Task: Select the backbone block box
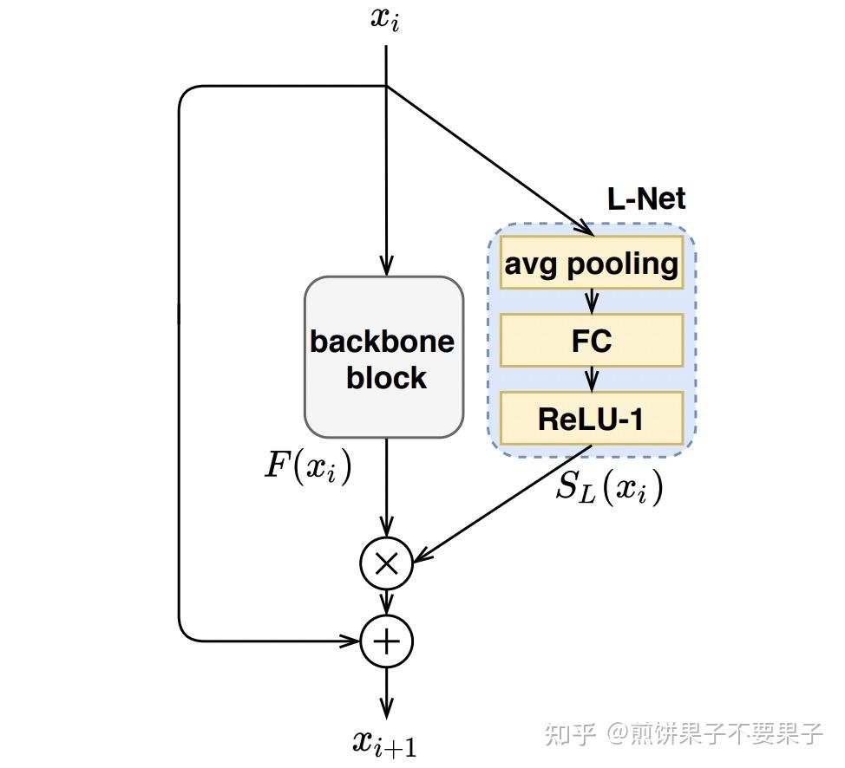(x=383, y=357)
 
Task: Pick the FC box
(x=592, y=341)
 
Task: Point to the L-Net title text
(x=645, y=199)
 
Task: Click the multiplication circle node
(x=386, y=564)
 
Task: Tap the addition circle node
(x=386, y=641)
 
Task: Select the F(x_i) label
(x=307, y=468)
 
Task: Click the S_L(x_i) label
(x=609, y=489)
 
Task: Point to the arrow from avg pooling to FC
(x=592, y=302)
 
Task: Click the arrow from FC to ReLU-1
(x=592, y=379)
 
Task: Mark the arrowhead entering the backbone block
(x=386, y=267)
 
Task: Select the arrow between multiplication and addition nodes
(x=386, y=602)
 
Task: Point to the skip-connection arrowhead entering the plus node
(x=350, y=641)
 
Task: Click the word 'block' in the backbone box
(x=386, y=378)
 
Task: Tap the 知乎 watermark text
(x=569, y=734)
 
